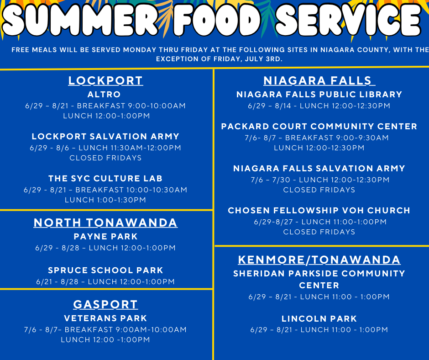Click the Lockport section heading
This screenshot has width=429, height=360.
105,80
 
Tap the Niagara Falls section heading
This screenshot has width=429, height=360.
319,80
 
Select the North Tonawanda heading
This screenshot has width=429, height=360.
105,222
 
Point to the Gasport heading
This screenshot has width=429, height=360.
105,304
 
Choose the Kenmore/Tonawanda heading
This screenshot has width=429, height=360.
319,260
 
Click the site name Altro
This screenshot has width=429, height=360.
104,95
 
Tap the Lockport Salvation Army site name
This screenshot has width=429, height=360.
105,137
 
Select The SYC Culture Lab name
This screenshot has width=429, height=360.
105,179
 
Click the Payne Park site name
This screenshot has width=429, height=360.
105,237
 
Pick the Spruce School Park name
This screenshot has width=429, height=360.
105,270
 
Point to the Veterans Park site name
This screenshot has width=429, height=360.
105,318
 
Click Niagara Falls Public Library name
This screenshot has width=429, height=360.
319,95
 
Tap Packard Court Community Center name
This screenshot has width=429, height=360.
319,126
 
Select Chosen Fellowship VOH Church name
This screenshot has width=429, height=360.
319,211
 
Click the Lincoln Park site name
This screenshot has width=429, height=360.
319,319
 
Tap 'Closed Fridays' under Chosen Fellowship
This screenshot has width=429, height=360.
319,232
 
